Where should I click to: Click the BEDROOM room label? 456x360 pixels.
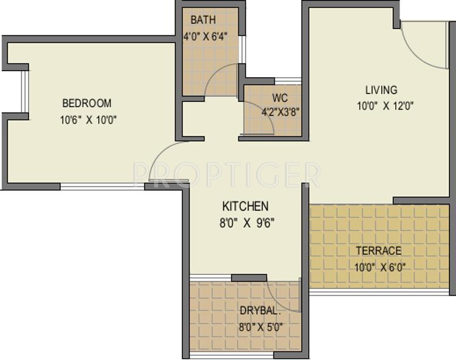[88, 103]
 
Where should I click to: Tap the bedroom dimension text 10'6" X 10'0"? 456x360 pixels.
[88, 120]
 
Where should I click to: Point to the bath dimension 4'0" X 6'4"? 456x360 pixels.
[205, 36]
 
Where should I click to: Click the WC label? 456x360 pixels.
[280, 97]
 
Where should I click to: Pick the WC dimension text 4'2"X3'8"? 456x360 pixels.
[281, 112]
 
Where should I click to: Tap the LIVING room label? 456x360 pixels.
[381, 90]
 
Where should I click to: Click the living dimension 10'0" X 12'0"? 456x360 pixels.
[385, 105]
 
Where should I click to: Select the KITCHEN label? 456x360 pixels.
[245, 206]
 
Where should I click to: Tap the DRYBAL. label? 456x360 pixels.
[260, 310]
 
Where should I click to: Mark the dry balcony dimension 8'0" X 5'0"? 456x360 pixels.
[260, 327]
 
